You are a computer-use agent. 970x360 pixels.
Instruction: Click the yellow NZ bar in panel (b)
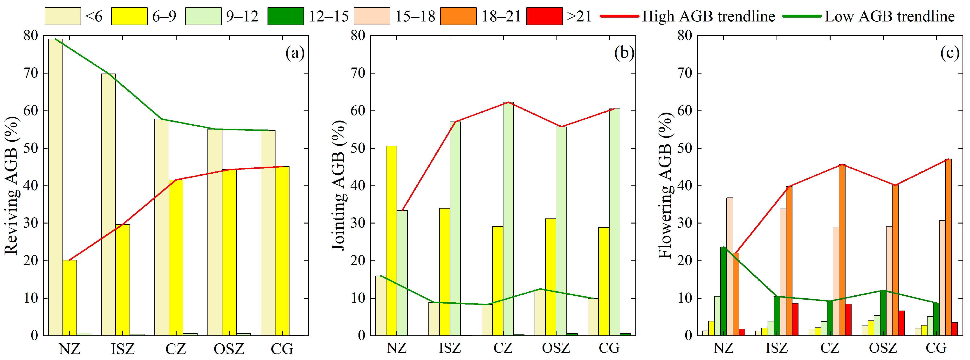click(391, 241)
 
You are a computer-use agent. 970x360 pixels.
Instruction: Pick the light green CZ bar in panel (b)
click(508, 219)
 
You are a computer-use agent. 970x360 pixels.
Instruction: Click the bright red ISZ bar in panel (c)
click(795, 319)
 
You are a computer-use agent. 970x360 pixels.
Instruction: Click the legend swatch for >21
click(544, 16)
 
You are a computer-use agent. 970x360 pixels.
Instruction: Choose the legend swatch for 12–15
click(285, 16)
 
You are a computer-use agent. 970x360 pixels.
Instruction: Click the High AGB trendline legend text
click(708, 16)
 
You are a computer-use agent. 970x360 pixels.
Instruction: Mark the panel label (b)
click(624, 53)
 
